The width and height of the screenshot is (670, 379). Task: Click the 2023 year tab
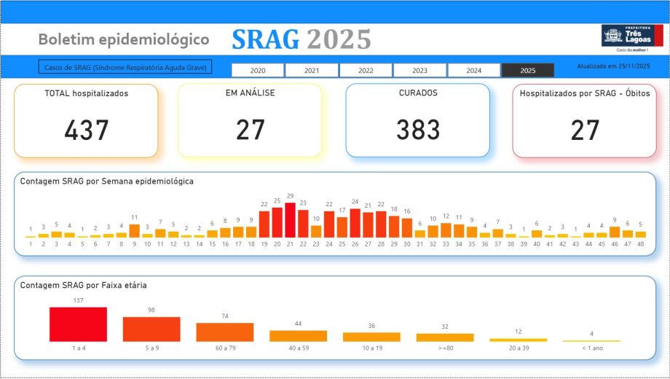419,71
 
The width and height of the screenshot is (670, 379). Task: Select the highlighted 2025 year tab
528,71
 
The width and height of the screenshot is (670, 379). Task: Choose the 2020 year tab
258,71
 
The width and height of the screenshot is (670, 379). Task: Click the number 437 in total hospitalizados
86,130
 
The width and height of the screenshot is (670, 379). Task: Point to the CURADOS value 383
417,130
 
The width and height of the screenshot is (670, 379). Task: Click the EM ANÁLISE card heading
250,93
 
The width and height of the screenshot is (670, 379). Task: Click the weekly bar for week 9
134,230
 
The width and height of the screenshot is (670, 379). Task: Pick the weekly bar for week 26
355,223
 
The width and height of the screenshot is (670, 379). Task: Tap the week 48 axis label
640,243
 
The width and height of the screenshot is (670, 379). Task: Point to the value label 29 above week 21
290,196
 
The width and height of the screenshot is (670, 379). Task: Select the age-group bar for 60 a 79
225,332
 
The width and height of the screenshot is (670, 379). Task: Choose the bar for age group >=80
445,337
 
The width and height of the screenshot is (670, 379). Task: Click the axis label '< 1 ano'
591,348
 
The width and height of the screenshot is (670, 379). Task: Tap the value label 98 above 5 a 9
151,310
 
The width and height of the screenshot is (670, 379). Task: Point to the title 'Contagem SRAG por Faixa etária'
84,285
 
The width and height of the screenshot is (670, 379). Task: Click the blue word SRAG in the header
265,39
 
